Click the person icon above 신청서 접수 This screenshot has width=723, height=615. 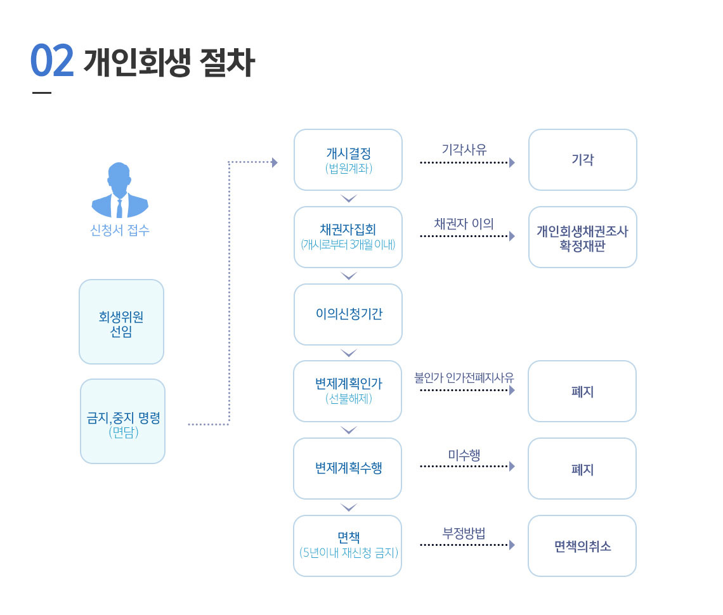coord(120,190)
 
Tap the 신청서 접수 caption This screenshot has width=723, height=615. coord(120,230)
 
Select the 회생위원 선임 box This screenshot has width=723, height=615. coord(122,322)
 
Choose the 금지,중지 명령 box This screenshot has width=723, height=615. coord(123,421)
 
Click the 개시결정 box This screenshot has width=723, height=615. coord(348,160)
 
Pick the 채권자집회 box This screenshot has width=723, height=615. coord(348,236)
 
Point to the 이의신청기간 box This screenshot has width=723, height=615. coord(348,314)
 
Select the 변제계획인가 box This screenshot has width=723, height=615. coord(348,391)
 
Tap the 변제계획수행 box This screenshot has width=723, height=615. coord(348,469)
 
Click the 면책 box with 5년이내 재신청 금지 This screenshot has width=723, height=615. coord(348,545)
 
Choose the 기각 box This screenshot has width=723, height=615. coord(582,160)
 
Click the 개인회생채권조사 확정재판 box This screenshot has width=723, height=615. coord(582,237)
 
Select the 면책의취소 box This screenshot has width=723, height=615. coord(582,546)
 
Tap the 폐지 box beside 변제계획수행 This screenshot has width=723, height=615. coord(582,469)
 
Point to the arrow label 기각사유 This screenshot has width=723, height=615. coord(464,150)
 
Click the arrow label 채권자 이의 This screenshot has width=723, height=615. coord(464,224)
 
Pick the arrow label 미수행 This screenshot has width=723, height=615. coord(464,455)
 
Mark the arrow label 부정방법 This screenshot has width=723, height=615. coord(464,533)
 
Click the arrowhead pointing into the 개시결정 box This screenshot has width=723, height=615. coord(275,162)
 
